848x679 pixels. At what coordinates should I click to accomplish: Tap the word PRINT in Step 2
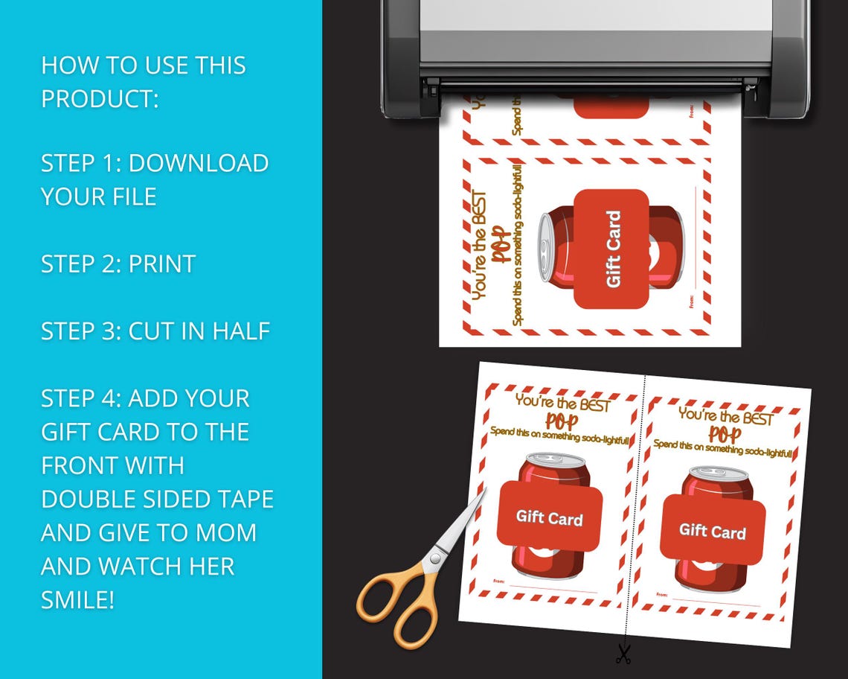point(161,264)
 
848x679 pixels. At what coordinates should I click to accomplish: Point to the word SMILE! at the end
point(78,599)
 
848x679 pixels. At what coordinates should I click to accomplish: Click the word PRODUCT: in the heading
point(100,98)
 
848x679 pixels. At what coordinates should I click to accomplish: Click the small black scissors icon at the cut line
point(623,654)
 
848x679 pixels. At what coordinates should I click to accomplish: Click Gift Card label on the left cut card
point(549,518)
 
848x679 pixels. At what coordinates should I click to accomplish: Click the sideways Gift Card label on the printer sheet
point(613,249)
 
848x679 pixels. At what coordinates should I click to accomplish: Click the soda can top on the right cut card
point(719,474)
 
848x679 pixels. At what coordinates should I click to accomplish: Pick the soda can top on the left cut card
point(555,460)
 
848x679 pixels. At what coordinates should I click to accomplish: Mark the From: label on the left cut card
point(498,581)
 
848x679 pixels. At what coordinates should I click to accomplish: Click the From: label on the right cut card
point(661,594)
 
